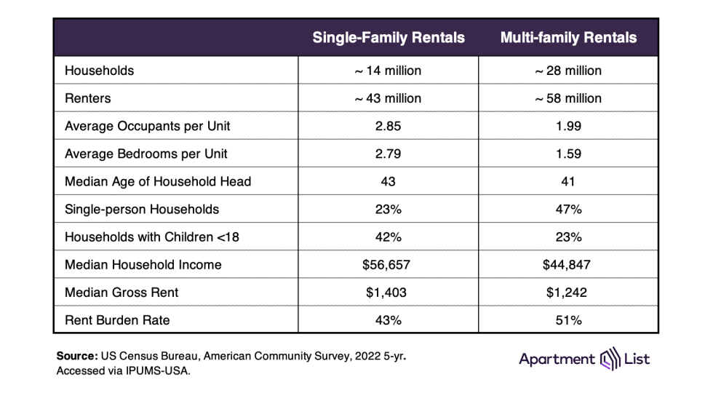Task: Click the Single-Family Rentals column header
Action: click(388, 38)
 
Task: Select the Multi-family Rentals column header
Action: click(568, 38)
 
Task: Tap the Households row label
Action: click(99, 71)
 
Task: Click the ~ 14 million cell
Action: click(388, 71)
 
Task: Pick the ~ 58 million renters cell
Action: click(568, 98)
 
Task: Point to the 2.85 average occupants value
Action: click(388, 126)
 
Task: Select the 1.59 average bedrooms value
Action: click(568, 154)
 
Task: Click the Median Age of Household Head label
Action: click(158, 181)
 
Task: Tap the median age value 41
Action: click(568, 181)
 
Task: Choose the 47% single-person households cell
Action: click(568, 209)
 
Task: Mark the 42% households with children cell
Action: click(388, 237)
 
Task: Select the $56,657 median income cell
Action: click(388, 264)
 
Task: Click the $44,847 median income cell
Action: click(568, 264)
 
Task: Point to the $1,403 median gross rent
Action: click(388, 292)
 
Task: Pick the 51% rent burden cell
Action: click(568, 319)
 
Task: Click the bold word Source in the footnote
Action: click(76, 357)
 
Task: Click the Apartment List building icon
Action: click(608, 360)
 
